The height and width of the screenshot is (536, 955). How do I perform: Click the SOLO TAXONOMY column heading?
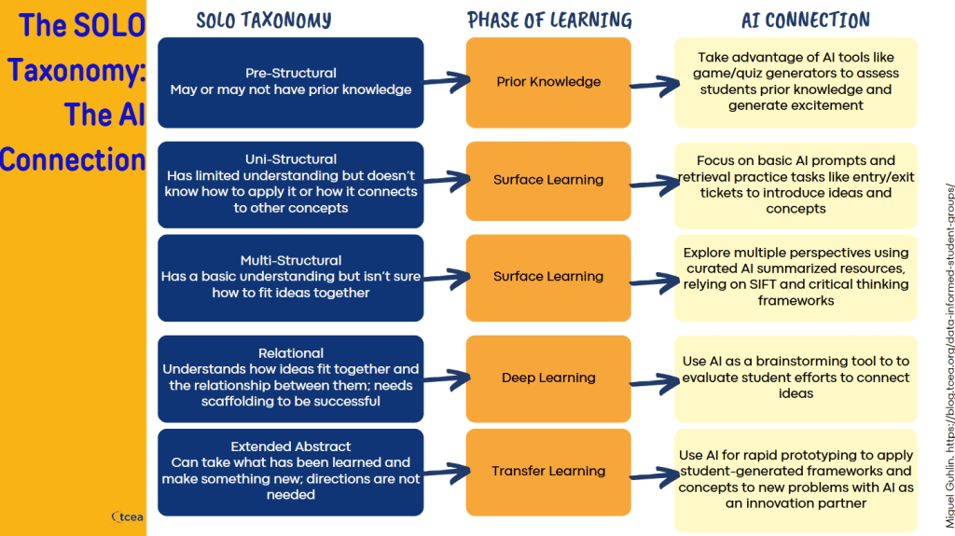pos(264,21)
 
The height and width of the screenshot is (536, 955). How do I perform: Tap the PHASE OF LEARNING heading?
pos(549,21)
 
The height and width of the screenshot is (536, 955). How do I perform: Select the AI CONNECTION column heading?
pos(805,21)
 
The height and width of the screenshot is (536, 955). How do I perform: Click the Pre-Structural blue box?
pos(291,82)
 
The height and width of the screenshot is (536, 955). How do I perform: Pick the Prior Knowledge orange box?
pos(548,82)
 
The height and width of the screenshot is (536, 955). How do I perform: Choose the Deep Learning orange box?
pos(548,378)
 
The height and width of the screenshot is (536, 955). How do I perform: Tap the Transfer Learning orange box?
pos(548,472)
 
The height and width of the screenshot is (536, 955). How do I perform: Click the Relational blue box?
pos(291,378)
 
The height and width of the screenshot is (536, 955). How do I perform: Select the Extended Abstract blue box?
pos(291,472)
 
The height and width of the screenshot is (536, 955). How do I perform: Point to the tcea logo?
pos(127,517)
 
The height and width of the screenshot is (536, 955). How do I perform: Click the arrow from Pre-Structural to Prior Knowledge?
pos(447,82)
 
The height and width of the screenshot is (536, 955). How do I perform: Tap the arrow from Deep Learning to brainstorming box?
pos(655,383)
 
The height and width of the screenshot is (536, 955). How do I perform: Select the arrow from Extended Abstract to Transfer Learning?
pos(447,473)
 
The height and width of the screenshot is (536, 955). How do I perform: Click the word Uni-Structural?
pos(291,159)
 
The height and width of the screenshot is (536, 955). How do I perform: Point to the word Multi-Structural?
pos(291,260)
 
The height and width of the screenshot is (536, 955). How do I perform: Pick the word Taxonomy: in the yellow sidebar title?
pos(76,70)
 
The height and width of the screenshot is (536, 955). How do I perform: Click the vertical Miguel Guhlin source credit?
pos(948,356)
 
